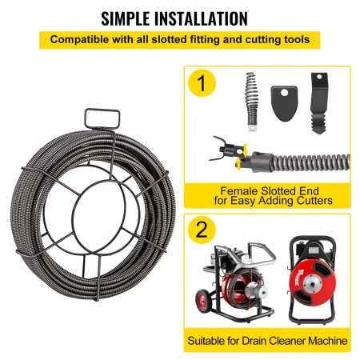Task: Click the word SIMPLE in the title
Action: click(122, 17)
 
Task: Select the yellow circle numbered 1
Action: click(203, 83)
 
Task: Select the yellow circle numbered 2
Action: click(203, 229)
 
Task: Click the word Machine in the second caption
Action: click(328, 341)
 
